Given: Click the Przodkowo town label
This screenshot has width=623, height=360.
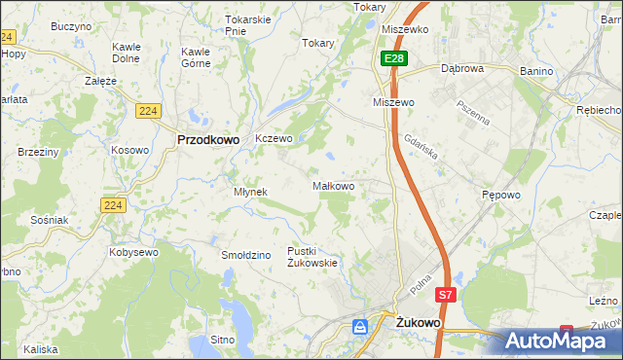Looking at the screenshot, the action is click(208, 139).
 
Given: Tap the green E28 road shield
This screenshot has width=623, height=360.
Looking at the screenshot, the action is click(392, 59).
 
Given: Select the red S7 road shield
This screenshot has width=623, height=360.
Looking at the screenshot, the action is click(445, 294).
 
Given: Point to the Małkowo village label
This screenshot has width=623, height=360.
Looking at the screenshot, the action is click(332, 185).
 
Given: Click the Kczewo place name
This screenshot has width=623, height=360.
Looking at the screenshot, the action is click(274, 139).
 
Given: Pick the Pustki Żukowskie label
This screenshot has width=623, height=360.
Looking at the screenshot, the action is click(312, 257).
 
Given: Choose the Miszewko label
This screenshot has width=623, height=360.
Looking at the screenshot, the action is click(406, 29).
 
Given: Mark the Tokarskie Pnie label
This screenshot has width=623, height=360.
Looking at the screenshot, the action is click(247, 24).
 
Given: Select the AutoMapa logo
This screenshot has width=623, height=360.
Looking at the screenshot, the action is click(564, 340).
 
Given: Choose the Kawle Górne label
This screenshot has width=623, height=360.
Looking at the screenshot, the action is click(196, 57).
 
